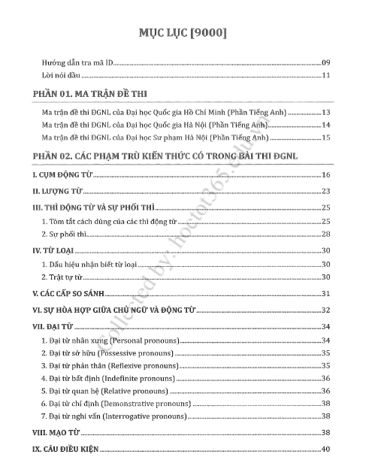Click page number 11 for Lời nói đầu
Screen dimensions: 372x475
coord(326,76)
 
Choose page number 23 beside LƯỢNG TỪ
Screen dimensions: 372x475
coord(326,191)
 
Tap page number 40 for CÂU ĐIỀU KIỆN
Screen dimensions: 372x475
coord(326,449)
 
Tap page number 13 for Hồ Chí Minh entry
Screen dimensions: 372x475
coord(326,113)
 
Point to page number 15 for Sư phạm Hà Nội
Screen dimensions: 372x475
coord(326,138)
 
